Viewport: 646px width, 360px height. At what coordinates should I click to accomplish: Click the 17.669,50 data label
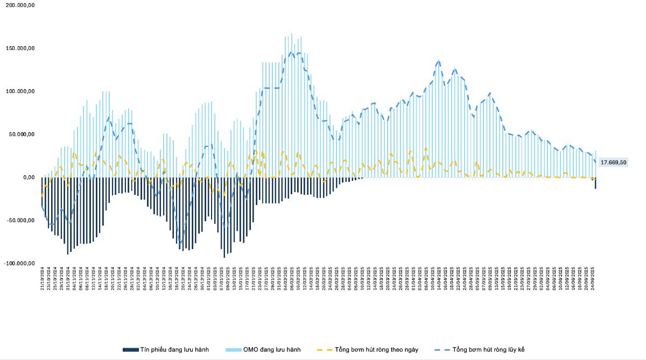point(613,162)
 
